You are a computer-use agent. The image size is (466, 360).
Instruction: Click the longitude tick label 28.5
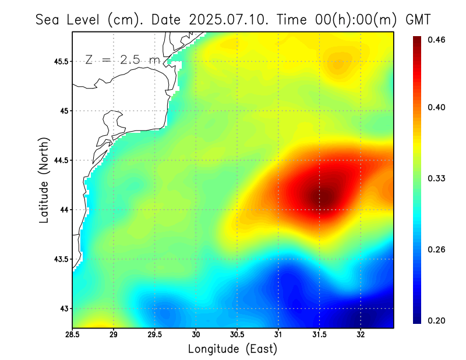(73, 335)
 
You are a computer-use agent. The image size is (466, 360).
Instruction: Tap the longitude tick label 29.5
(155, 335)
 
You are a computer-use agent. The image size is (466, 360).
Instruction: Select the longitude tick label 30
(196, 335)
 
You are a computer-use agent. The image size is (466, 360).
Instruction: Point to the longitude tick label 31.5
(319, 335)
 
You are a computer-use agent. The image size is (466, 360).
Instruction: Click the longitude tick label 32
(361, 335)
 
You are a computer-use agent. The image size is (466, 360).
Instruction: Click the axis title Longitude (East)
(232, 349)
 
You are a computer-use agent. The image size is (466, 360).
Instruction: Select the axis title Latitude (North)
(44, 181)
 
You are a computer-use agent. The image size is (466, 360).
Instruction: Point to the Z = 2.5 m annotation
(122, 60)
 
